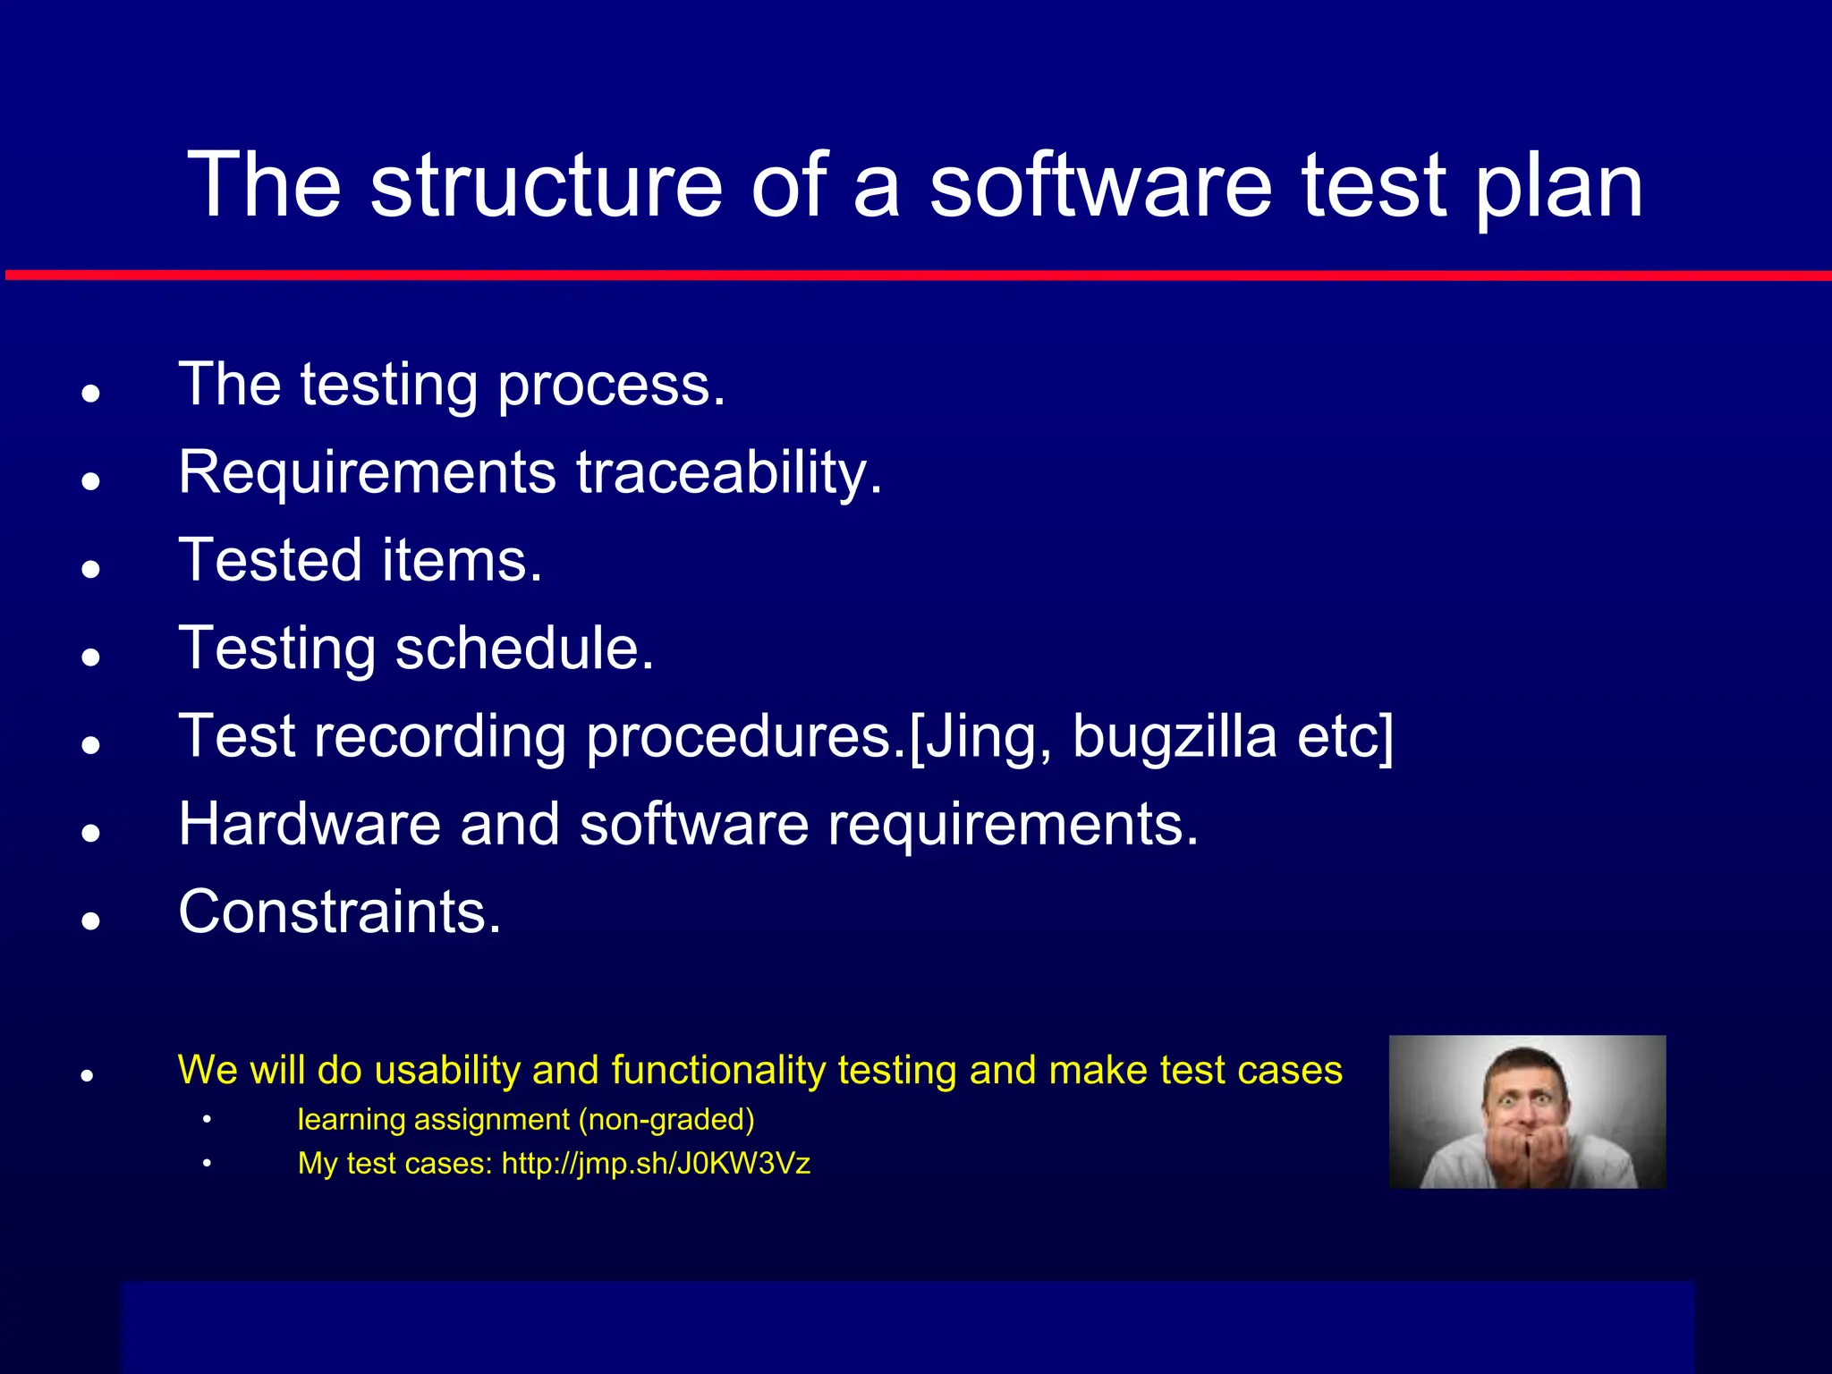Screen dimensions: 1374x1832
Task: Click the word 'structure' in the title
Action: (x=546, y=185)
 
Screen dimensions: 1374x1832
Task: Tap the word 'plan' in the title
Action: (x=1557, y=185)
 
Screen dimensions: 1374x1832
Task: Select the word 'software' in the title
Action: (x=1099, y=185)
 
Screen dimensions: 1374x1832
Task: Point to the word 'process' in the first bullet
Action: (x=610, y=386)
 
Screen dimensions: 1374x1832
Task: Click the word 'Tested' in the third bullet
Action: (x=270, y=560)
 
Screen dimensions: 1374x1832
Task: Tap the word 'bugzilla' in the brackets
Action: (x=1174, y=735)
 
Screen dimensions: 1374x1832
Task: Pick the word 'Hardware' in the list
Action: (x=309, y=823)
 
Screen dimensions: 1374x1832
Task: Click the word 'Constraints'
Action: (x=338, y=912)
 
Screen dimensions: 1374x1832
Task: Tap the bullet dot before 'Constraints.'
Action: (x=89, y=920)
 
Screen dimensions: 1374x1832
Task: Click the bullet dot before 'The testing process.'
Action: (x=89, y=394)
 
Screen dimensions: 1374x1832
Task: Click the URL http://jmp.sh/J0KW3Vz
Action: (x=656, y=1163)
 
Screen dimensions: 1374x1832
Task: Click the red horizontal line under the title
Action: (x=916, y=276)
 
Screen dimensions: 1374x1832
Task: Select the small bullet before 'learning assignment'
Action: (x=207, y=1119)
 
